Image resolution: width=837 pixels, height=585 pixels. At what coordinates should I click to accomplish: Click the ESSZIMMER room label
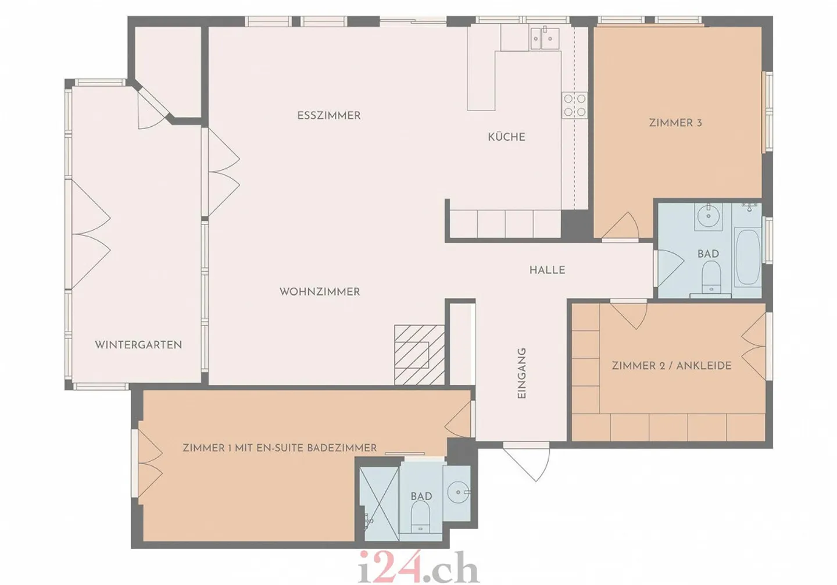329,116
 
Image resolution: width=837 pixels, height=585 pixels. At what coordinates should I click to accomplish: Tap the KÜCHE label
507,137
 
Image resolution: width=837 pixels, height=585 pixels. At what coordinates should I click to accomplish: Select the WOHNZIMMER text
320,291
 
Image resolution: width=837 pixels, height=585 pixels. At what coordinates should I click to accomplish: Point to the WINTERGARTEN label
138,345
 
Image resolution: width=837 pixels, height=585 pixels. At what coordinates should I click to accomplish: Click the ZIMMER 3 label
675,123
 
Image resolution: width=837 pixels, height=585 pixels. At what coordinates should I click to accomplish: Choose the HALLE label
547,270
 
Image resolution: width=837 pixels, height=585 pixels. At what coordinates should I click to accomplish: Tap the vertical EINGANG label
521,373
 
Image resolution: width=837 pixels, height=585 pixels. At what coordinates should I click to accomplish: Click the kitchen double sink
545,38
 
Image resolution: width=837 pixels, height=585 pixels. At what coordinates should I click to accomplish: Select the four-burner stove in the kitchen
575,105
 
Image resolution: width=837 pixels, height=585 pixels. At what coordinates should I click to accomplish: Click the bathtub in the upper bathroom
747,257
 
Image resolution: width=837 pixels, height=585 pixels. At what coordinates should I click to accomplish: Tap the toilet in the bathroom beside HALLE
711,277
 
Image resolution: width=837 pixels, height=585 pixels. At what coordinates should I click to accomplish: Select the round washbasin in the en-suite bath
458,493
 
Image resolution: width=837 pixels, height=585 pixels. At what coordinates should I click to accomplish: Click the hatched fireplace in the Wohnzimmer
419,355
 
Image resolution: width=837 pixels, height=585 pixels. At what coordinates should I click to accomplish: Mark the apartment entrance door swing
526,462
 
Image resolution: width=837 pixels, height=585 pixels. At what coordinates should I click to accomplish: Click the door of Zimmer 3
620,226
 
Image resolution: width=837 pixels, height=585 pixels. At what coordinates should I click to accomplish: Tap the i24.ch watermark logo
419,567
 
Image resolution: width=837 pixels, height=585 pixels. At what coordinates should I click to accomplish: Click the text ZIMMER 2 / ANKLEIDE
672,366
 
